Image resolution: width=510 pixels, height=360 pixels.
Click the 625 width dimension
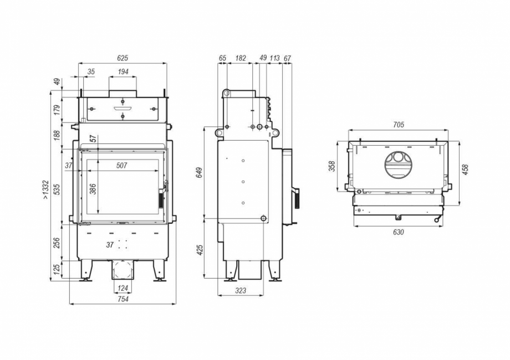(x=123, y=58)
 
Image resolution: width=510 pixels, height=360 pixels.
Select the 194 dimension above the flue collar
(x=123, y=72)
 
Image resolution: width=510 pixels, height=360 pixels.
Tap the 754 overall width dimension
(x=123, y=299)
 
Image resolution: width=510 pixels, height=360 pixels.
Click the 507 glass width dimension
(x=122, y=165)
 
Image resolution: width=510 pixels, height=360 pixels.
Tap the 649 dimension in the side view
(x=199, y=172)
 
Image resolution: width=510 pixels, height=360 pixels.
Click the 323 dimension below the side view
(x=239, y=290)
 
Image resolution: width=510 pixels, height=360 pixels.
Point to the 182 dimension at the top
(x=241, y=58)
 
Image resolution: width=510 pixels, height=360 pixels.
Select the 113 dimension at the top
(x=274, y=58)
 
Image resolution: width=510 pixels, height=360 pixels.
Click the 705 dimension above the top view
(x=398, y=125)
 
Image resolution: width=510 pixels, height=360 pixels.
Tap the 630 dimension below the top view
(x=398, y=232)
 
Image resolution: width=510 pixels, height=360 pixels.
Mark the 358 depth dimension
(x=331, y=166)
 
